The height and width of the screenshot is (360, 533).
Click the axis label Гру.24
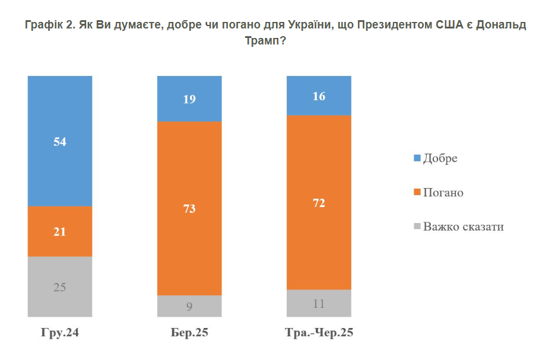(x=60, y=333)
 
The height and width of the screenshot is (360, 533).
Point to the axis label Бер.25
(x=189, y=333)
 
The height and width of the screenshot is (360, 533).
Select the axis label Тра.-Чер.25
(x=319, y=333)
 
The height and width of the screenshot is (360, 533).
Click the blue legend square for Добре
(x=417, y=158)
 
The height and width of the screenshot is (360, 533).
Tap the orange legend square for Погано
(x=417, y=193)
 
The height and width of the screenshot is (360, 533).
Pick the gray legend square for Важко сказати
(x=417, y=227)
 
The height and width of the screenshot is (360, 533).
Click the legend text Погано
(x=443, y=193)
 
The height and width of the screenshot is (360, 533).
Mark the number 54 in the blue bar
(x=60, y=142)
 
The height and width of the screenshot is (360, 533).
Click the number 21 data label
(x=60, y=232)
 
